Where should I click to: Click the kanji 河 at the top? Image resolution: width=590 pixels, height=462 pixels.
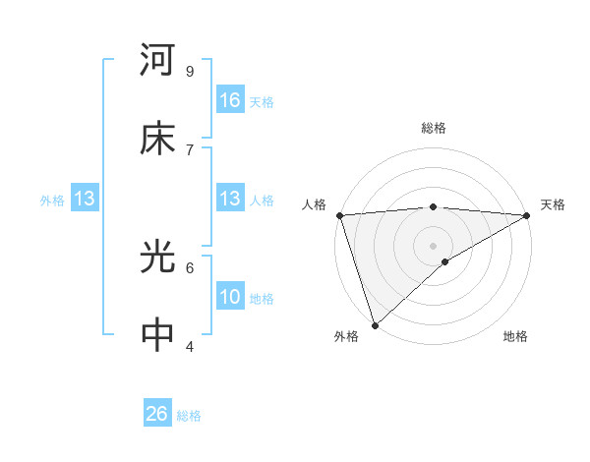click(x=157, y=61)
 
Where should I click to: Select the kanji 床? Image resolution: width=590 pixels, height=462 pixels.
click(x=157, y=139)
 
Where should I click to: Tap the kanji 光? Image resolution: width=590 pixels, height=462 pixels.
click(x=157, y=258)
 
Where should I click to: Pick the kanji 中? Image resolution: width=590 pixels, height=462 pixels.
click(x=157, y=335)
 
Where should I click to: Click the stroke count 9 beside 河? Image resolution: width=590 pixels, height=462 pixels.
click(x=189, y=71)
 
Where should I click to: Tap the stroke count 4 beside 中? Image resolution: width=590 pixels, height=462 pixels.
click(x=189, y=345)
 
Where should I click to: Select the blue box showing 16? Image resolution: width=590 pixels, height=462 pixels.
click(x=230, y=100)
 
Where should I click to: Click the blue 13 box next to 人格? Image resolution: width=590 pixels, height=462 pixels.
click(x=230, y=200)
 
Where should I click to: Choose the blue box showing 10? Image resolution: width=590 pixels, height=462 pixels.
click(x=230, y=297)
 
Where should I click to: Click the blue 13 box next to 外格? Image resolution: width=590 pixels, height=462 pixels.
click(x=85, y=200)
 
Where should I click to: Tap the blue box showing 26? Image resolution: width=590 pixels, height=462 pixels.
click(x=157, y=414)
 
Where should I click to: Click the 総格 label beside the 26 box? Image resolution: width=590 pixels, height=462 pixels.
click(x=189, y=416)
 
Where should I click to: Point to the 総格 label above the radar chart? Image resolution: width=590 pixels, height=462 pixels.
click(x=434, y=128)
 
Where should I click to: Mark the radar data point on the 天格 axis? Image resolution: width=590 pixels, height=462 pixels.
click(x=527, y=215)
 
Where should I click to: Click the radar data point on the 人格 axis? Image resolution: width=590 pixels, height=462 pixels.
click(x=339, y=215)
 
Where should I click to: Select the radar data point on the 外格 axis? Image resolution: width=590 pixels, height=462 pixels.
click(x=375, y=324)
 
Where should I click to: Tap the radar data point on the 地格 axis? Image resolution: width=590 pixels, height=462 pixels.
click(x=445, y=261)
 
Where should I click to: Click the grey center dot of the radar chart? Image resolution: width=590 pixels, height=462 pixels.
click(x=434, y=245)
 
